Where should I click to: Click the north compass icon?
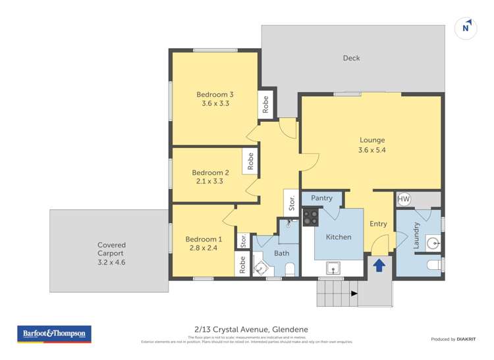pos(466,28)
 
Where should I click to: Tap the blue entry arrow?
pos(379,265)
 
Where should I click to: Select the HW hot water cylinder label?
pos(404,199)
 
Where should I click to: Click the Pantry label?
pos(321,198)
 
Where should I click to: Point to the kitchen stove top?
pos(310,217)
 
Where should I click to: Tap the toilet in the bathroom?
pos(290,268)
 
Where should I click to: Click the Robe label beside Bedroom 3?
pos(266,105)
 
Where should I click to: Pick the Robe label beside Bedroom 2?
pos(250,162)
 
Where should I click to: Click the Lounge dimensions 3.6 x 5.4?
pos(372,151)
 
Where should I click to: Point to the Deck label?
pos(351,59)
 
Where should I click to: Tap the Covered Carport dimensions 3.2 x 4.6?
pos(111,262)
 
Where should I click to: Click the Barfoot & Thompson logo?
pos(55,334)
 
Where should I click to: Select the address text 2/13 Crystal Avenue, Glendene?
pos(247,329)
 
